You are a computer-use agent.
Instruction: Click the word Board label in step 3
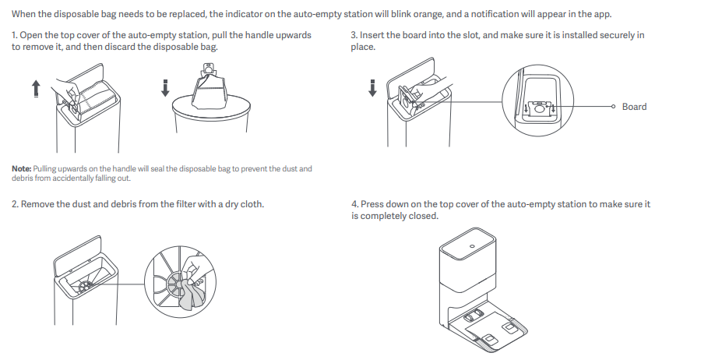(x=634, y=107)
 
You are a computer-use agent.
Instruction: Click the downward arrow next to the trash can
(x=165, y=88)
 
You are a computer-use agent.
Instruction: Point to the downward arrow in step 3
(x=372, y=88)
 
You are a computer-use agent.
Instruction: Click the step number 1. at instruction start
(x=15, y=36)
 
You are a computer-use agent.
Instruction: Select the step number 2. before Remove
(x=16, y=204)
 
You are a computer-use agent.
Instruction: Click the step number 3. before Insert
(x=354, y=36)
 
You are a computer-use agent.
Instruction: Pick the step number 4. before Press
(x=355, y=204)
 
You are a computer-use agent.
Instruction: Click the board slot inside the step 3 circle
(x=540, y=108)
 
